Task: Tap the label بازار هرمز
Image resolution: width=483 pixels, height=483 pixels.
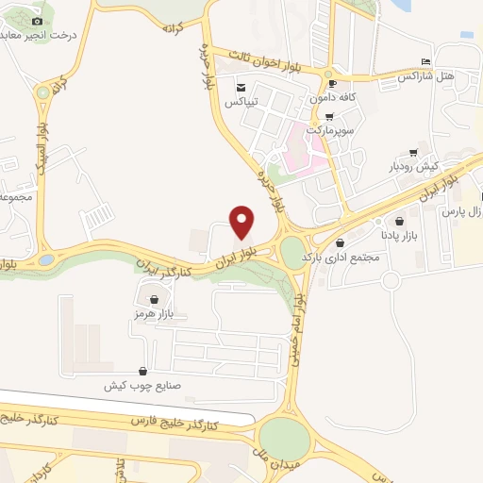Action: (x=149, y=311)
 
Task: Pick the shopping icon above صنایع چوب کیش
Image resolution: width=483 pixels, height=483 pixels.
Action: (x=142, y=371)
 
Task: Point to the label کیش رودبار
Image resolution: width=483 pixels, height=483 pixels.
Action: (x=415, y=166)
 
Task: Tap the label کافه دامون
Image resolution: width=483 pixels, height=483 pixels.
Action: (x=333, y=98)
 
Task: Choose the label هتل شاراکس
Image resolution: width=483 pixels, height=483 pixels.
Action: (x=425, y=75)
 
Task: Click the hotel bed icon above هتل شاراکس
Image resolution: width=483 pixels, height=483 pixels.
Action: (x=425, y=61)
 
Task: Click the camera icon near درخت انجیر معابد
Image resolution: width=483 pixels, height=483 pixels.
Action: (x=37, y=21)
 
